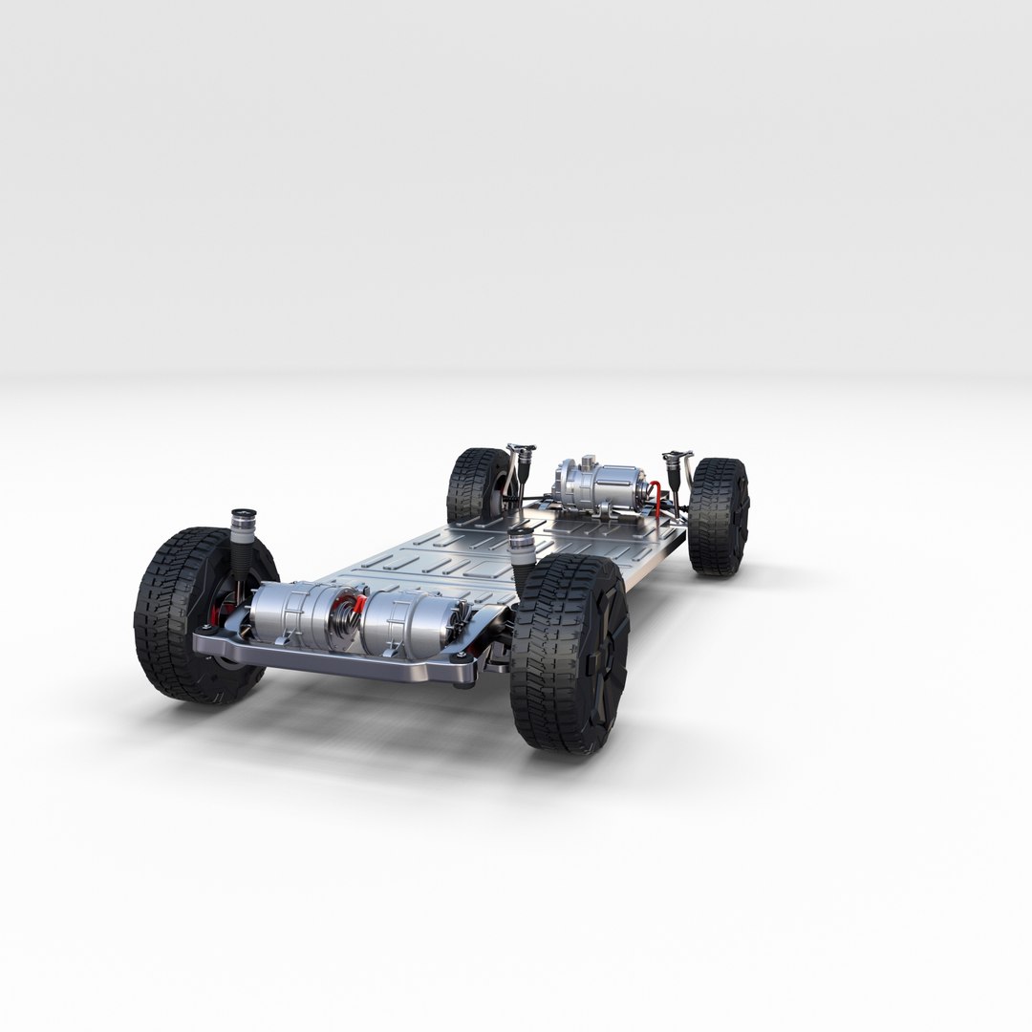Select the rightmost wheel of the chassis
click(719, 516)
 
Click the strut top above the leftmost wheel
click(244, 521)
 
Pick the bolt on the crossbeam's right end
click(462, 659)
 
